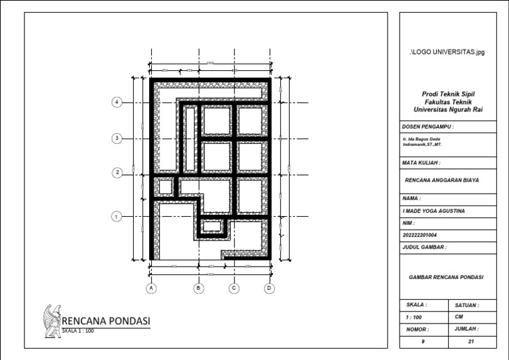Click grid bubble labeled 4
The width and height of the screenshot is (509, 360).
tap(117, 102)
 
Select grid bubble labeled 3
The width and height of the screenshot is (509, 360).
tap(117, 138)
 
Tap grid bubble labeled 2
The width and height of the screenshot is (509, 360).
tap(117, 172)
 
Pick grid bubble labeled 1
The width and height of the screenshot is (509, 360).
tap(117, 215)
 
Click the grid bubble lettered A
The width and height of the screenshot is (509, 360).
tap(151, 288)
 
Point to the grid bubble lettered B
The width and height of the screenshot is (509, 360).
tap(198, 288)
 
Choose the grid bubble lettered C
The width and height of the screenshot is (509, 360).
tap(234, 288)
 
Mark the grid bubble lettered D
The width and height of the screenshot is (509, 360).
tap(269, 288)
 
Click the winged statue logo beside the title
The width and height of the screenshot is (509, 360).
tap(50, 322)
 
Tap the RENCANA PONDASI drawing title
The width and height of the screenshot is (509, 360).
tap(106, 322)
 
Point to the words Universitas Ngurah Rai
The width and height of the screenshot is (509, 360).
tap(448, 111)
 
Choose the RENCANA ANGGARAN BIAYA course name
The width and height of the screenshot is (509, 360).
tap(441, 180)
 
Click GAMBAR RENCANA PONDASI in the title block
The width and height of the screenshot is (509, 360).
tap(447, 276)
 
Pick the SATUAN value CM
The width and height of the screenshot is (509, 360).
tap(459, 317)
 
